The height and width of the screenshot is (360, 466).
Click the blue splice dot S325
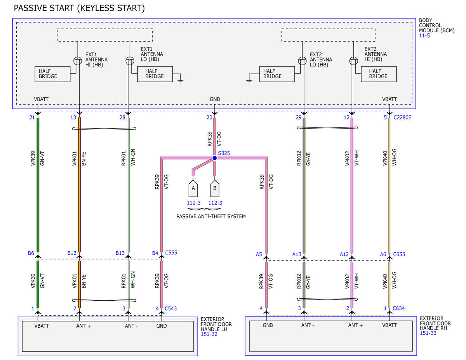(x=214, y=158)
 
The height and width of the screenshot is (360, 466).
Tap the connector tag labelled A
(x=193, y=188)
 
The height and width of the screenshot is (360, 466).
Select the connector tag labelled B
(x=215, y=188)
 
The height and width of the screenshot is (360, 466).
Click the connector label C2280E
(x=402, y=118)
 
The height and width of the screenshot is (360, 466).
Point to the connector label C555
(x=171, y=252)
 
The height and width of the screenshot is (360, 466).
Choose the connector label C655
(x=399, y=254)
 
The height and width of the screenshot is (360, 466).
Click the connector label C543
(x=171, y=308)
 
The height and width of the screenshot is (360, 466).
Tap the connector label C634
(x=399, y=308)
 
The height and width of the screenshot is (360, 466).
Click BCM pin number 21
(x=32, y=118)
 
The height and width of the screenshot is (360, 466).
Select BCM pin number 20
(x=209, y=118)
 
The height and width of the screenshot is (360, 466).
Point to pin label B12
(x=71, y=253)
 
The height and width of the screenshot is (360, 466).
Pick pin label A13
(x=297, y=254)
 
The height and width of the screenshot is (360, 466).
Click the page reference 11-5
(x=424, y=36)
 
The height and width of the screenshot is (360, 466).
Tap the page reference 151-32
(x=209, y=334)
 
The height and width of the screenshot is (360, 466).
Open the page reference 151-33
(x=428, y=333)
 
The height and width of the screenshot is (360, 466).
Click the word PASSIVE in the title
(x=29, y=8)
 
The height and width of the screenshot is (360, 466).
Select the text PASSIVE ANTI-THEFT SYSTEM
(x=211, y=216)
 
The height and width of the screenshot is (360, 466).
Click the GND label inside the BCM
(x=215, y=99)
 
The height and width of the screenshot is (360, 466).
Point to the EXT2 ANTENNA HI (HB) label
(x=376, y=54)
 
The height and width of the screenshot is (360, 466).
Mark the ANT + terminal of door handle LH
(x=83, y=326)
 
